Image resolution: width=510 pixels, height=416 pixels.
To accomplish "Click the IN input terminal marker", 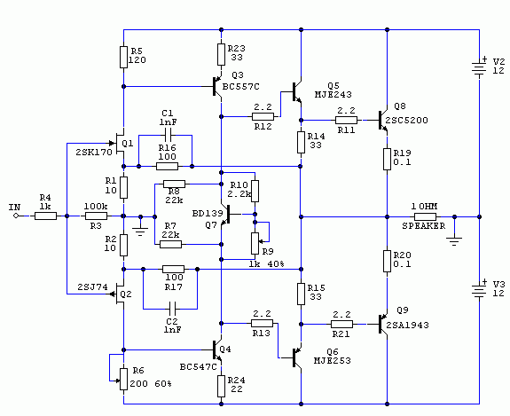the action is click(x=16, y=216).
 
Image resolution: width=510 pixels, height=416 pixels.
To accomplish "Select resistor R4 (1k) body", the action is click(x=45, y=216).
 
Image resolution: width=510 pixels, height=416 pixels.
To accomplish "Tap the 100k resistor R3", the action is click(x=96, y=216).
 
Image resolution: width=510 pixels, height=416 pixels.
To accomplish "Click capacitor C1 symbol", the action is click(x=168, y=135).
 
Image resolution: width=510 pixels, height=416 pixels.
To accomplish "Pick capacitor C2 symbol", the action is click(x=172, y=309).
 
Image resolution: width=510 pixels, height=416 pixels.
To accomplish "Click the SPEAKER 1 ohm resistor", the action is click(x=425, y=216).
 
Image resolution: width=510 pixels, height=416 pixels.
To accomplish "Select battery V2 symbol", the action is click(x=479, y=68).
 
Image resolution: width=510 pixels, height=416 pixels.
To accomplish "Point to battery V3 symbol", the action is click(x=479, y=290).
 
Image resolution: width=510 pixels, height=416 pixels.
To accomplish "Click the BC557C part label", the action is click(x=241, y=87).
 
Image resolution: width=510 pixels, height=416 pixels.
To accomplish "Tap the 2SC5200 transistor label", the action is click(x=406, y=121).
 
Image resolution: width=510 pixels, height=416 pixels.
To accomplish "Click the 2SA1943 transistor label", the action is click(x=407, y=325).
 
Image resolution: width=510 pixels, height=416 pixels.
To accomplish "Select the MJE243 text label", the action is click(x=333, y=95).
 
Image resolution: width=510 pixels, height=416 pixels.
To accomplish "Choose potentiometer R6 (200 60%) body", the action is click(x=123, y=379).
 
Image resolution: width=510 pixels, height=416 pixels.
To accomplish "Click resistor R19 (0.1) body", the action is click(x=387, y=159).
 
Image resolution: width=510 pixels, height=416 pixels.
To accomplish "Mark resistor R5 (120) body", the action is click(x=123, y=57).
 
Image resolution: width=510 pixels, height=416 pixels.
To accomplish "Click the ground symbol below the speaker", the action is click(x=454, y=241).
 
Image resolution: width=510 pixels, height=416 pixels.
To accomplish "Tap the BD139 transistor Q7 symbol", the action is click(x=226, y=215).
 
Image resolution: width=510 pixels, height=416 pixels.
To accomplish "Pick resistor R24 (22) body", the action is click(x=221, y=386).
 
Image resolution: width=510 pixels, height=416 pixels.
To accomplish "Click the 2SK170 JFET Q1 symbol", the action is click(x=120, y=143).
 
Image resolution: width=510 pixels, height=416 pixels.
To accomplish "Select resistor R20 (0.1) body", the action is click(x=387, y=261).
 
